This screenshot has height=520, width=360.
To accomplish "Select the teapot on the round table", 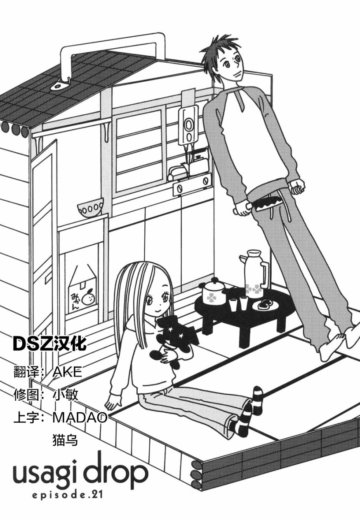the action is (214, 292).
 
